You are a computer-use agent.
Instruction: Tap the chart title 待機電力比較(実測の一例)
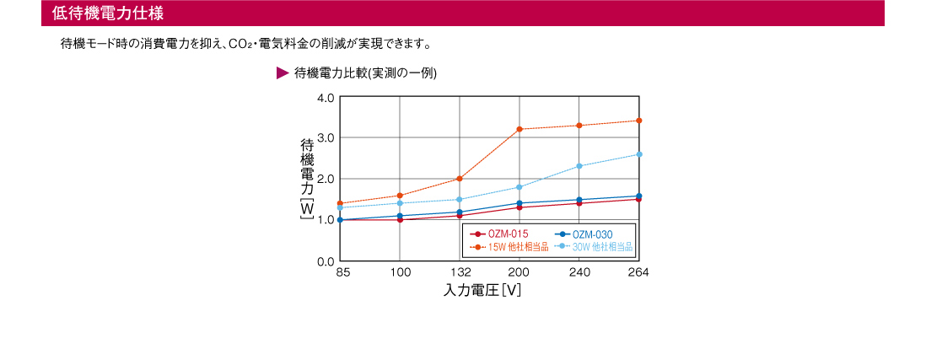pyautogui.click(x=364, y=73)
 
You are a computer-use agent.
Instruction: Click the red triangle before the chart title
pyautogui.click(x=283, y=73)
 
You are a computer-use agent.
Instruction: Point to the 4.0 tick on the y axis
pyautogui.click(x=326, y=98)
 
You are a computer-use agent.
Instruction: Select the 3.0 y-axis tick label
pyautogui.click(x=326, y=137)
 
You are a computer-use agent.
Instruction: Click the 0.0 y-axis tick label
pyautogui.click(x=326, y=261)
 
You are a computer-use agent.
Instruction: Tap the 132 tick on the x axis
pyautogui.click(x=460, y=273)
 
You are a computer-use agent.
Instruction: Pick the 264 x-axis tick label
pyautogui.click(x=638, y=273)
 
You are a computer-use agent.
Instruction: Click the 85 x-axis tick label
pyautogui.click(x=342, y=273)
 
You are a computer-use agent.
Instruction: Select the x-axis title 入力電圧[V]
pyautogui.click(x=482, y=291)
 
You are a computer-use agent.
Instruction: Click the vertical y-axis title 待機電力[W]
pyautogui.click(x=307, y=180)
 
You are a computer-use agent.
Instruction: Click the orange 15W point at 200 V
pyautogui.click(x=520, y=129)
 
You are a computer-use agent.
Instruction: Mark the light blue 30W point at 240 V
pyautogui.click(x=579, y=166)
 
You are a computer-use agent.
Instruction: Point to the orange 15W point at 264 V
pyautogui.click(x=638, y=121)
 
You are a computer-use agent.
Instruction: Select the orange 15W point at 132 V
pyautogui.click(x=460, y=179)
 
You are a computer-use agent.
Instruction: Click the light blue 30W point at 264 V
pyautogui.click(x=638, y=154)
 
